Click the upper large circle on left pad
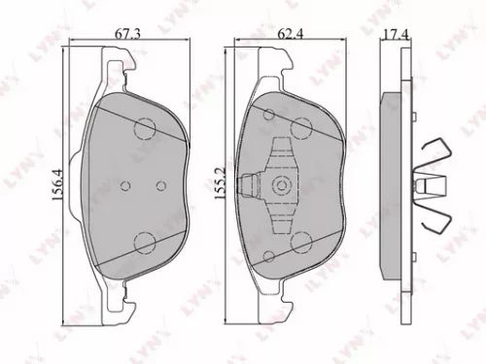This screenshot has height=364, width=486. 147,126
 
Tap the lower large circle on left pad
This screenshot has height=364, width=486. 147,244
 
